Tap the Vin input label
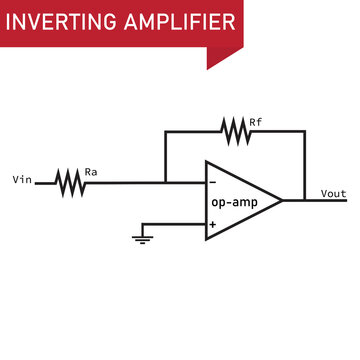(x=21, y=181)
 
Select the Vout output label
(x=333, y=193)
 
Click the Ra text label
(x=91, y=171)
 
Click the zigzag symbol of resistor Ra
(x=70, y=182)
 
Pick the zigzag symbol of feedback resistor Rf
(x=236, y=130)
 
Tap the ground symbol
(x=142, y=238)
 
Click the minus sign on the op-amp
(x=212, y=182)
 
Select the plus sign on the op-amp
(x=212, y=224)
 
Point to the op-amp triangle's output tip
(x=282, y=200)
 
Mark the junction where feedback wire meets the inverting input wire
(x=166, y=182)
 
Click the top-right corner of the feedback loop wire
(x=304, y=130)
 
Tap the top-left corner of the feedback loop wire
(x=166, y=130)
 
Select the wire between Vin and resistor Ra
(x=45, y=182)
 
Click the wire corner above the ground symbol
(x=142, y=224)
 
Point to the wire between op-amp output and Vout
(x=300, y=200)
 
